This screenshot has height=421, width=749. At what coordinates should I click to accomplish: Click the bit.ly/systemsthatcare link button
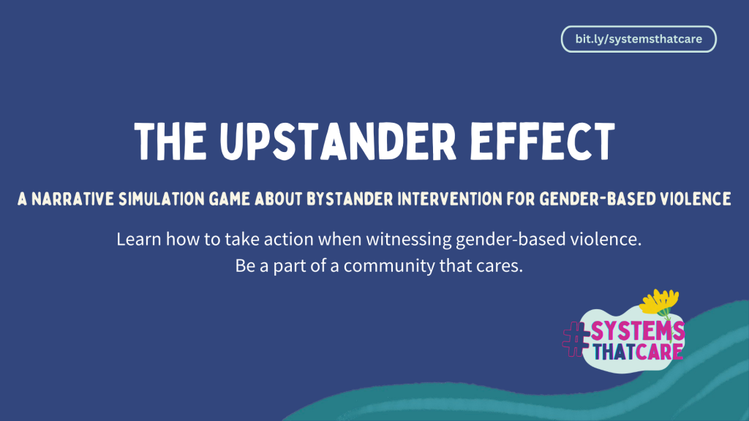(639, 39)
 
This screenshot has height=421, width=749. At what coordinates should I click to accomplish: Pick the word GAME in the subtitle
(231, 200)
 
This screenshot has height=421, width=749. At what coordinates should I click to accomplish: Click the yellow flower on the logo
(660, 301)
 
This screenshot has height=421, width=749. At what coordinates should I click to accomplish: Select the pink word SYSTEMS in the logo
(637, 330)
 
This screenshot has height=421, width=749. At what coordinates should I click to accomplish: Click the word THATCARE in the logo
(638, 351)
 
